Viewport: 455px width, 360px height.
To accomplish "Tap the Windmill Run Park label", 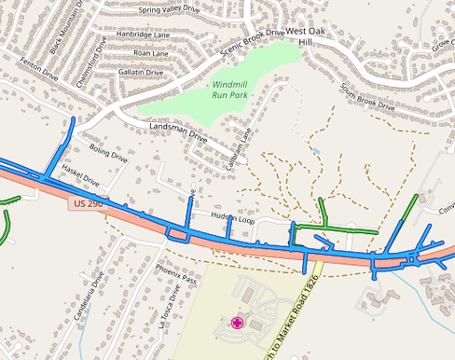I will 223,90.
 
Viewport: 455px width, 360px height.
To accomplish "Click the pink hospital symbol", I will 238,323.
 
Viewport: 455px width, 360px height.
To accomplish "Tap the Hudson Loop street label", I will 233,217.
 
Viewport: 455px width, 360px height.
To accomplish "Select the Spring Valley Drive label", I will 170,11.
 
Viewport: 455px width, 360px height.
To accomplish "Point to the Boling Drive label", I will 108,153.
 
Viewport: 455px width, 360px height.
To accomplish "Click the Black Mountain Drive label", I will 67,25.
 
